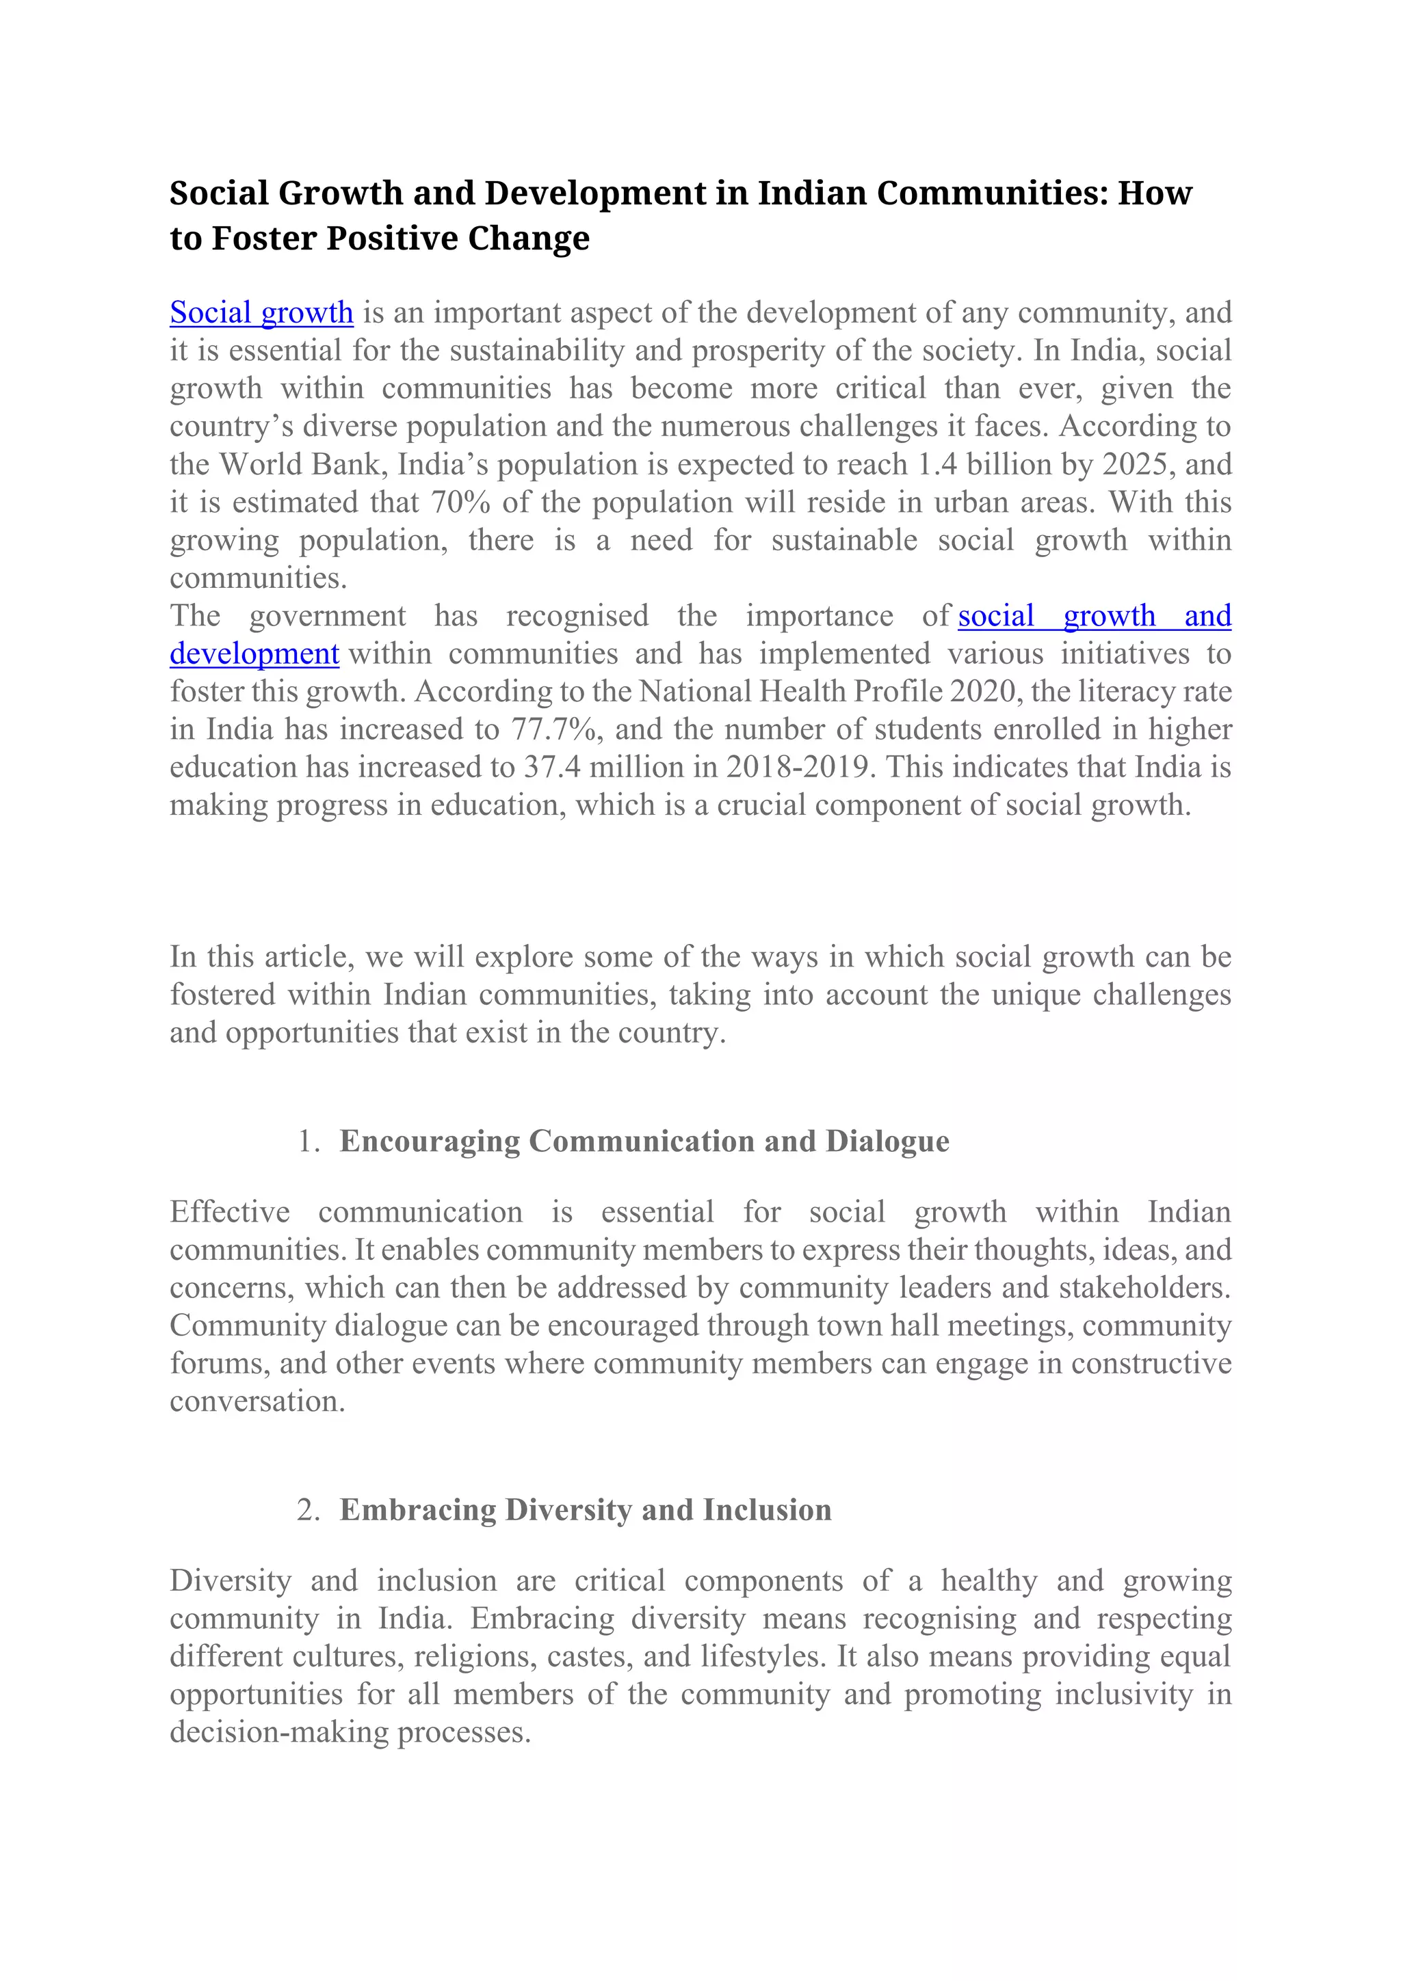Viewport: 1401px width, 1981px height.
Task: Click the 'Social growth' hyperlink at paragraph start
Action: pos(261,312)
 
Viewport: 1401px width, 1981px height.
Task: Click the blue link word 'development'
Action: pos(254,654)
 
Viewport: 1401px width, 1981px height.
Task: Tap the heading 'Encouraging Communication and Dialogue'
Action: pos(644,1142)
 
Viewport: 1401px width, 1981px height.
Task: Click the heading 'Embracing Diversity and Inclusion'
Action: pos(586,1510)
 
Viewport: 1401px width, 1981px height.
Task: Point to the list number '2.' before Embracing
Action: pos(308,1510)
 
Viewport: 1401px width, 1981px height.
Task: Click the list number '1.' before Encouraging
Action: pos(308,1142)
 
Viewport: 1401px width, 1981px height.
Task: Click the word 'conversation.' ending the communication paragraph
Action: pos(257,1401)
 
